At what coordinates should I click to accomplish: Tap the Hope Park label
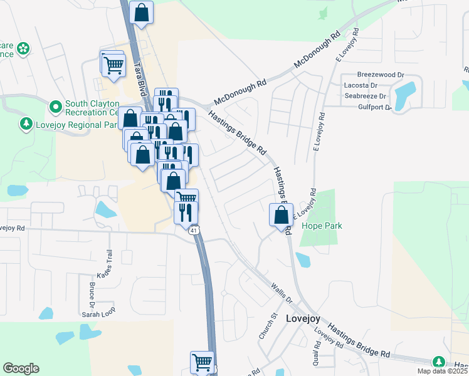click(x=320, y=226)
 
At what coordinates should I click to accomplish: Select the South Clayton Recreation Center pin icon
click(x=56, y=105)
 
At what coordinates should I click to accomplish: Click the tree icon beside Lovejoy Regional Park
click(x=26, y=124)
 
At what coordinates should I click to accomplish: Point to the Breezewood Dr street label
click(x=380, y=75)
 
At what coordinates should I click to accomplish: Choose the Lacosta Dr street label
click(x=360, y=85)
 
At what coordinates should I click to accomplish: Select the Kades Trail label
click(x=104, y=265)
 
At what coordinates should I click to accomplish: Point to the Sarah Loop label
click(x=98, y=314)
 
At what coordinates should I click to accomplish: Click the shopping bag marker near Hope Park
click(x=280, y=216)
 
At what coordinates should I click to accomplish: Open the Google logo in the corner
click(x=21, y=368)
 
